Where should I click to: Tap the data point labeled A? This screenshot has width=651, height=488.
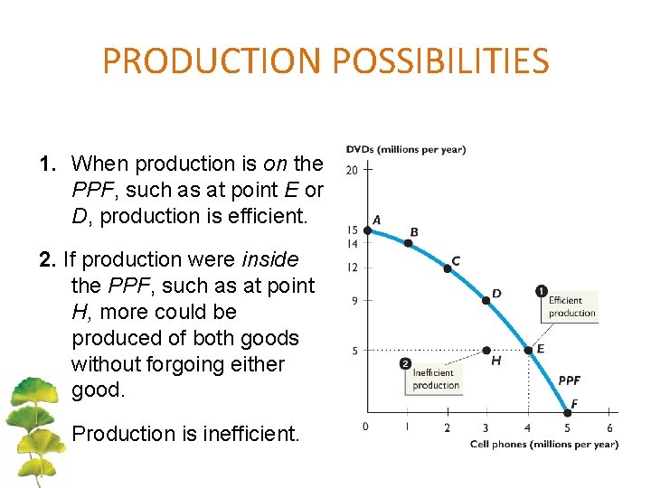coord(368,230)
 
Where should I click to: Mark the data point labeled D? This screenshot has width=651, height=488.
coord(486,301)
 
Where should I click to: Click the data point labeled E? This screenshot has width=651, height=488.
coord(528,350)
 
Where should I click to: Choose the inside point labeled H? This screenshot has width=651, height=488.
coord(486,350)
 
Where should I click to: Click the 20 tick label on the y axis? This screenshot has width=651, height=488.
coord(353,170)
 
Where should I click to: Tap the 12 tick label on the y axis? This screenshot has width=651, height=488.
coord(353,267)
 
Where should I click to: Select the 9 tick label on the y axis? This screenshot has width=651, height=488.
coord(355,301)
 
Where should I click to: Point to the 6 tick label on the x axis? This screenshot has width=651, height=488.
coord(609,427)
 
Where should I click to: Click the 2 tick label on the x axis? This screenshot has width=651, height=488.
coord(447,427)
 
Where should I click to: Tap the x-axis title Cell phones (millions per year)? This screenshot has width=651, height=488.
coord(544,444)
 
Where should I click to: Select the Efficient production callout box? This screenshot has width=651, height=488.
coord(571,306)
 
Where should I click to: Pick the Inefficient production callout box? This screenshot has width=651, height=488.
coord(436,379)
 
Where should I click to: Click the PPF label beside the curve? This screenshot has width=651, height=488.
coord(570,381)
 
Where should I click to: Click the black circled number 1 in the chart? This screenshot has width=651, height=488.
coord(541,291)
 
